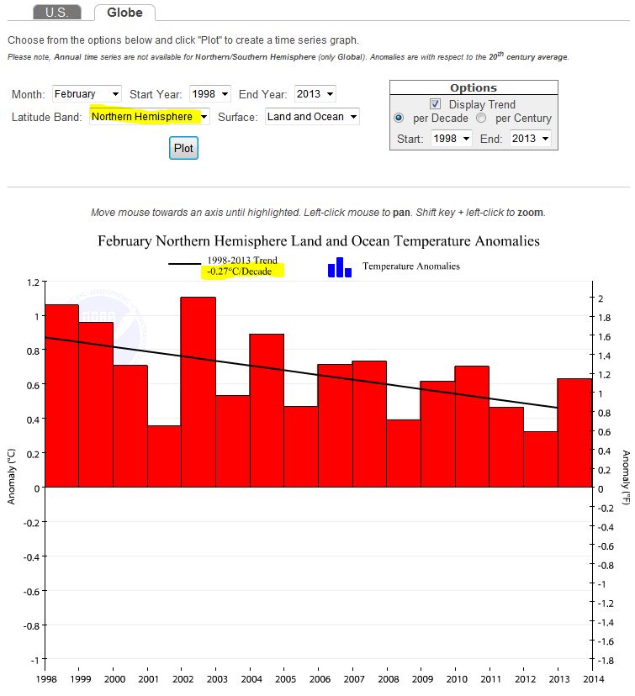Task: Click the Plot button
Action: tap(183, 148)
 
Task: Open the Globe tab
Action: tap(124, 13)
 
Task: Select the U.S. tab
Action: tap(56, 13)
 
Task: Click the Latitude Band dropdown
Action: tap(150, 117)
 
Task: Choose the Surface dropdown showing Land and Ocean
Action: tap(312, 117)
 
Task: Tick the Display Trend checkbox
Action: tap(436, 104)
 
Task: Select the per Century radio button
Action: tap(482, 119)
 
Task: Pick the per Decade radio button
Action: tap(400, 119)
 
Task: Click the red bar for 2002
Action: tap(198, 392)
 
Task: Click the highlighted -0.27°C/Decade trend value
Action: tap(243, 272)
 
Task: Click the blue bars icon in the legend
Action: tap(340, 267)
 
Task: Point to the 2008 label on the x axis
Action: tap(388, 678)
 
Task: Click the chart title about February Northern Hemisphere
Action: tap(319, 241)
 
